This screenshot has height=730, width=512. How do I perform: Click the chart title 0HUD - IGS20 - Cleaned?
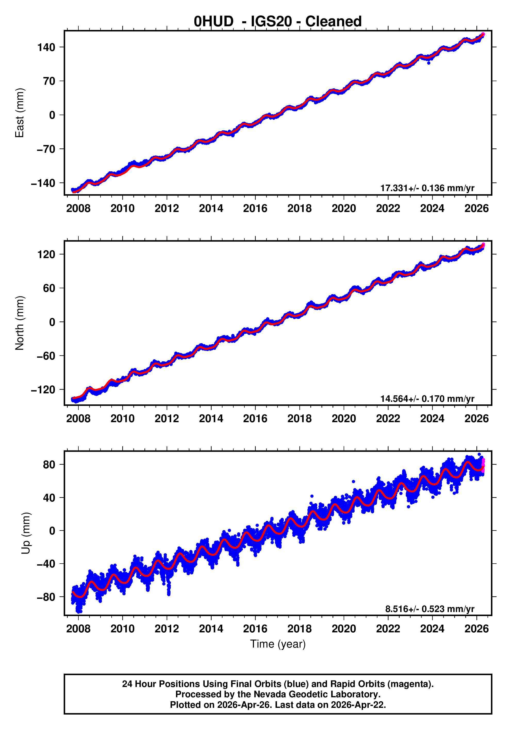[277, 22]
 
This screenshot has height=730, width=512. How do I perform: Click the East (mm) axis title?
[20, 113]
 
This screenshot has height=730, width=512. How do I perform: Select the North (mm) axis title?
[20, 323]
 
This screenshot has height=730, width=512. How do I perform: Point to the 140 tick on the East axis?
[46, 47]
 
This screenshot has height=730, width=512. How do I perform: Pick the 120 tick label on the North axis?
[46, 254]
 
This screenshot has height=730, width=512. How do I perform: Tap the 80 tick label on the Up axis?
[49, 465]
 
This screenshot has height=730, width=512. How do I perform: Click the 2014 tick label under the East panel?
[211, 209]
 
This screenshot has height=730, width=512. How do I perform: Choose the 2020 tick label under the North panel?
[344, 418]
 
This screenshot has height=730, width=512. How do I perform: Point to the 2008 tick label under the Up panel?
[78, 629]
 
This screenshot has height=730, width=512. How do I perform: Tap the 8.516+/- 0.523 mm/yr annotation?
[430, 609]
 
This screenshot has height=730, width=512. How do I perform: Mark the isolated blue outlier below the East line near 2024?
[429, 63]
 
